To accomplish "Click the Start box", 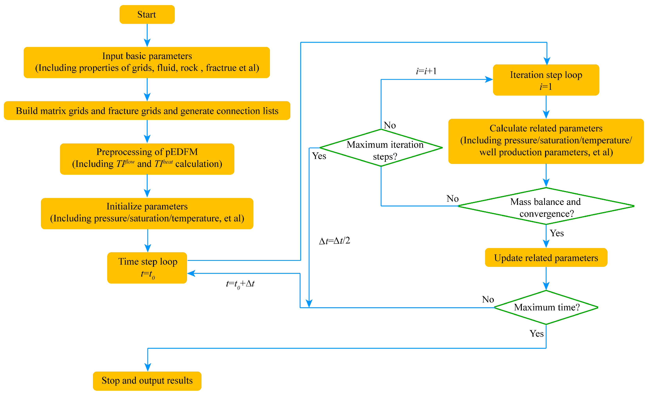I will coord(147,14).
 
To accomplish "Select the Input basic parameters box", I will coord(147,62).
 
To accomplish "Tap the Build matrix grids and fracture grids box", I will coord(147,111).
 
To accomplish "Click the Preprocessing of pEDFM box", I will coord(147,159).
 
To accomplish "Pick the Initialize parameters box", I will coord(147,213).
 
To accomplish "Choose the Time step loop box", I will coord(147,268).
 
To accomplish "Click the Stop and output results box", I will coord(147,381).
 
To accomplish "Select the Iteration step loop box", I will coord(546,80).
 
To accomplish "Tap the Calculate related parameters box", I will coord(546,141).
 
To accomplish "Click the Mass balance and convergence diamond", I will coord(546,206).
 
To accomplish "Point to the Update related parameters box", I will coord(546,257).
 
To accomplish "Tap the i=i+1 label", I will coord(426,71).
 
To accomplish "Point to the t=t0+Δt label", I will coord(240,284).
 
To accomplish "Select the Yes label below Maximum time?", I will coord(536,334).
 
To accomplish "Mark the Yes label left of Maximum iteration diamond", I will coord(319,156).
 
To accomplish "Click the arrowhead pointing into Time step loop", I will coord(191,273).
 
